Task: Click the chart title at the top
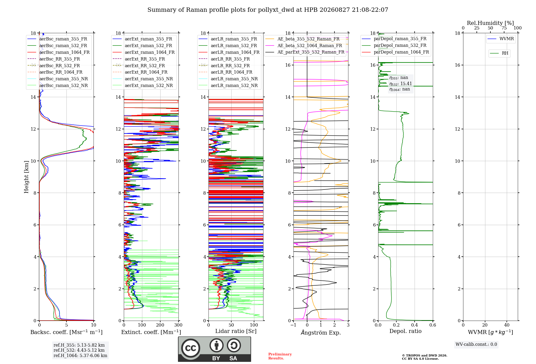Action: point(268,10)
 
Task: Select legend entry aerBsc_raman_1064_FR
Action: point(64,52)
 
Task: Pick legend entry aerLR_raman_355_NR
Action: point(234,79)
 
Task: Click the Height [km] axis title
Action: point(26,177)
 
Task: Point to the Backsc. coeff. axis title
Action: point(66,332)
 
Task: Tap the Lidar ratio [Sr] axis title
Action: point(236,331)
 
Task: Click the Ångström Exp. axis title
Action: point(321,332)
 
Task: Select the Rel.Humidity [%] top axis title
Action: point(490,23)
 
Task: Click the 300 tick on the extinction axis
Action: point(178,325)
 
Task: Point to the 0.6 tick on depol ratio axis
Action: point(433,325)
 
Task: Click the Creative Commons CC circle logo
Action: point(191,348)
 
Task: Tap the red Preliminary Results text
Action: point(280,356)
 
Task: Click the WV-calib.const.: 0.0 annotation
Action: point(476,344)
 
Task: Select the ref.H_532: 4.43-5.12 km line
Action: point(79,350)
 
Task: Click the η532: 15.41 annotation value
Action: point(401,84)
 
